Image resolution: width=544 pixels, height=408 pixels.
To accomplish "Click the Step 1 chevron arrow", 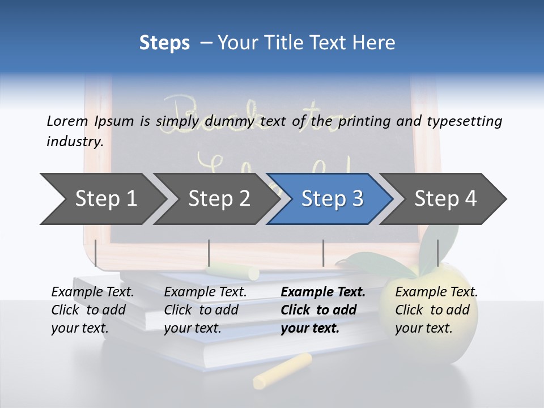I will click(105, 199).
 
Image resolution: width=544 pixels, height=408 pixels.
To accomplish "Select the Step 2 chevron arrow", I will click(218, 199).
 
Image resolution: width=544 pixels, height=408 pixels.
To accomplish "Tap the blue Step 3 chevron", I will click(331, 199).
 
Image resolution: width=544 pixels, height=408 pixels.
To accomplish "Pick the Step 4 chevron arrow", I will click(445, 199).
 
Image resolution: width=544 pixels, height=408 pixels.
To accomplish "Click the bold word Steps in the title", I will click(164, 43).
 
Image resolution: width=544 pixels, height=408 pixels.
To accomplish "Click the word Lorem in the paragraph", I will click(67, 121).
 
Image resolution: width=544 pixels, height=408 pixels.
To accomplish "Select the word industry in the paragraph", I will click(75, 142).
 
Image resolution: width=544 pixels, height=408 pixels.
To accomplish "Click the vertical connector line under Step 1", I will click(96, 253).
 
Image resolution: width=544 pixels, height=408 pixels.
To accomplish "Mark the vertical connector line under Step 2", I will click(209, 253).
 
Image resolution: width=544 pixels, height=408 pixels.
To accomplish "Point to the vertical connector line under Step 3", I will click(323, 253).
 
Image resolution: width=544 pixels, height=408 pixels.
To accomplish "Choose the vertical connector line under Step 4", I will click(437, 253).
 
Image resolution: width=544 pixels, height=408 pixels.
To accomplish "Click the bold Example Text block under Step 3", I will click(323, 310).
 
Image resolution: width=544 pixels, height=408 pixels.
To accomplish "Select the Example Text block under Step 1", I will click(93, 310).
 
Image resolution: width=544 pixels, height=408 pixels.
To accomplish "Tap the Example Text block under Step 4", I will click(436, 310).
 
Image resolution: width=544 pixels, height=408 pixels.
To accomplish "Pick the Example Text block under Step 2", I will click(205, 310).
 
